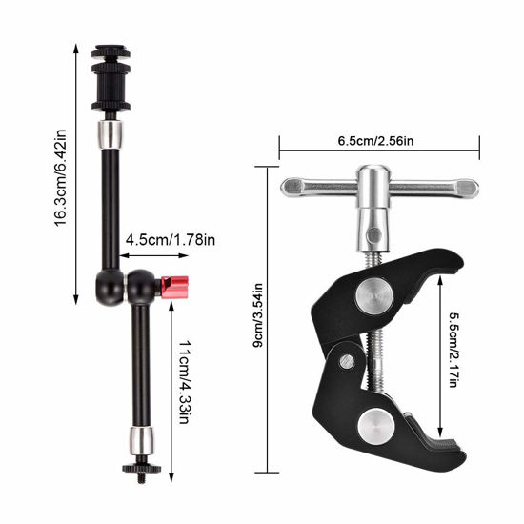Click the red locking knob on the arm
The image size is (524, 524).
(174, 285)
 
